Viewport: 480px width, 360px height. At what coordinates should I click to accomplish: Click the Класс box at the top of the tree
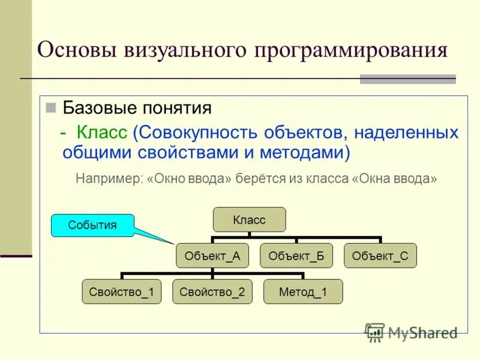[x=249, y=220]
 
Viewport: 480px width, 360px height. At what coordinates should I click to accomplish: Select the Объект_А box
[x=212, y=256]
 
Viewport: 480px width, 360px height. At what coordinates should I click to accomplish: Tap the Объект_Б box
[x=296, y=256]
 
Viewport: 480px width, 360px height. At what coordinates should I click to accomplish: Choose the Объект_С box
[x=380, y=256]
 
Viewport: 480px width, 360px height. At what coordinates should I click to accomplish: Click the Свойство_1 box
[x=122, y=292]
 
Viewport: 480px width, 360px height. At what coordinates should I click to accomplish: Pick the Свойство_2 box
[x=212, y=292]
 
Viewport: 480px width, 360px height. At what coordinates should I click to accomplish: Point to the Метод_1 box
[x=303, y=292]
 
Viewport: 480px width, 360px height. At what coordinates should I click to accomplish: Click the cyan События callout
[x=92, y=226]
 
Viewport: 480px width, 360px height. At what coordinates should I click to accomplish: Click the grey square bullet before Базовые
[x=51, y=108]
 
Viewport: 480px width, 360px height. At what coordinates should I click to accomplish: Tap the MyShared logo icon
[x=375, y=332]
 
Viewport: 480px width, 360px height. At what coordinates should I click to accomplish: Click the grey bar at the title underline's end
[x=407, y=79]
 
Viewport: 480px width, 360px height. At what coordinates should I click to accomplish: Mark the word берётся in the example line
[x=257, y=179]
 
